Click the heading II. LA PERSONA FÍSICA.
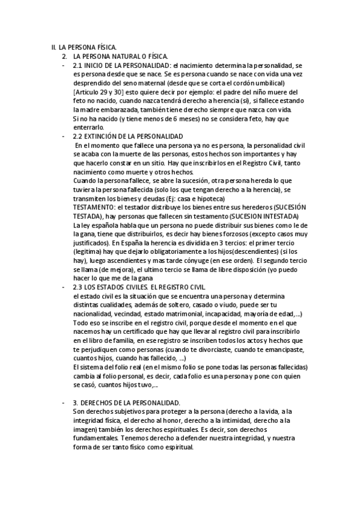[84, 47]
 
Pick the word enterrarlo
[90, 128]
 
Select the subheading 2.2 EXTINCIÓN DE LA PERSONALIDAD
[127, 137]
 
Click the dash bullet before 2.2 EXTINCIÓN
[64, 137]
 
